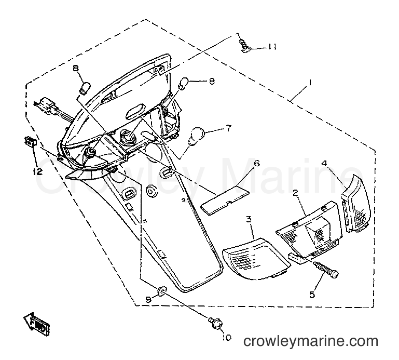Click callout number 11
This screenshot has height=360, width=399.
pos(271,47)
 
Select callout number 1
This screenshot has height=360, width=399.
pos(310,83)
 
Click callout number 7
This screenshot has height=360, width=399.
pos(228,128)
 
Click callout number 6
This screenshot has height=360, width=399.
pos(256,163)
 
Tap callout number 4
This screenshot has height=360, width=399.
pos(324,163)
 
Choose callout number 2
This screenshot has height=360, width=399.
pos(295,193)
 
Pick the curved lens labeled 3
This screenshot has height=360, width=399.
pos(256,258)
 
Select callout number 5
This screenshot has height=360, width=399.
pos(312,295)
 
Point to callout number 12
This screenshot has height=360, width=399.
pos(38,172)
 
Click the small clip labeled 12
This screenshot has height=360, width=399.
pos(30,141)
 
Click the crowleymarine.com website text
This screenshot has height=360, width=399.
pos(310,341)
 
